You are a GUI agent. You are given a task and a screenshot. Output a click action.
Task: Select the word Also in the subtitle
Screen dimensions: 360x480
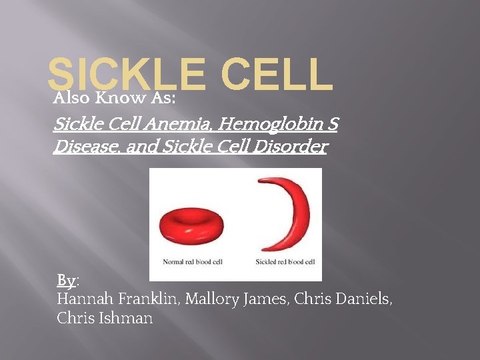72,99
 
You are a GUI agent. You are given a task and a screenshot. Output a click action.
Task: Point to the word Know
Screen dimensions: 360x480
118,99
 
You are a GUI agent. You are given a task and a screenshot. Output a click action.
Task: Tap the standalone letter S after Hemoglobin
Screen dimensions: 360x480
333,124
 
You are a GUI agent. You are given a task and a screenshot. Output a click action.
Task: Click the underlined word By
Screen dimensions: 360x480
65,279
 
